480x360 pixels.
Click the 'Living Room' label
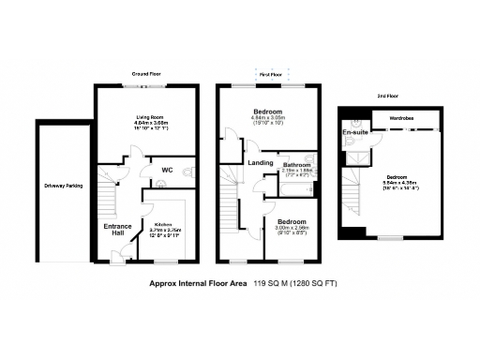pos(144,117)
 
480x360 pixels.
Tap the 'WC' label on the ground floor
pos(167,170)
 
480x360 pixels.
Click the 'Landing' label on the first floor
pos(260,163)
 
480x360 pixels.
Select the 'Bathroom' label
pos(299,165)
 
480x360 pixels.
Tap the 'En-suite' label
pos(355,132)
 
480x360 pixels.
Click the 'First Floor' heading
pos(271,73)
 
